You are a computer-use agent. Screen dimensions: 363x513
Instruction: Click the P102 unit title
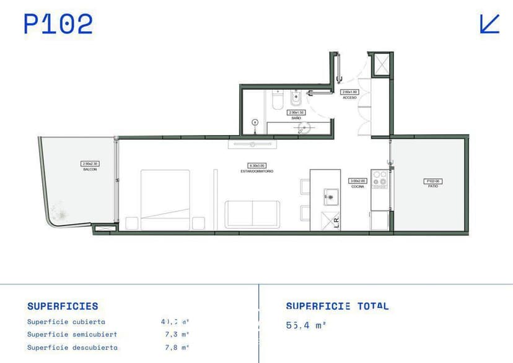[x=58, y=24]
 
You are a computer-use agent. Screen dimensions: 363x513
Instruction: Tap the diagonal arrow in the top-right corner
[x=489, y=24]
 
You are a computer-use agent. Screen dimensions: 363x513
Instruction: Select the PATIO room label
[x=433, y=184]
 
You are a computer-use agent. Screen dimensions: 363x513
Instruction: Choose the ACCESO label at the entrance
[x=349, y=96]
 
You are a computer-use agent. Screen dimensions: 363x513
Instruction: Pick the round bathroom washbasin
[x=304, y=128]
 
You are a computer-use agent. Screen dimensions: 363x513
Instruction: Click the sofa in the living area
[x=252, y=214]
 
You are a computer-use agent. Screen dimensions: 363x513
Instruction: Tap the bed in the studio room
[x=165, y=199]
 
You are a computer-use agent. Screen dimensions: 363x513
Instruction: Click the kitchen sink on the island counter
[x=329, y=198]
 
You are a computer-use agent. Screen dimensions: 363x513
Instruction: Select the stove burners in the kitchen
[x=379, y=179]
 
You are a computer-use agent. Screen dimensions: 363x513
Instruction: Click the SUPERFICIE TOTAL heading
[x=337, y=306]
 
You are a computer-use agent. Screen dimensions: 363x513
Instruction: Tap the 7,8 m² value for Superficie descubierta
[x=176, y=348]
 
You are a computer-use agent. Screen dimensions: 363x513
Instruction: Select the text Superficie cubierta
[x=66, y=321]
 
